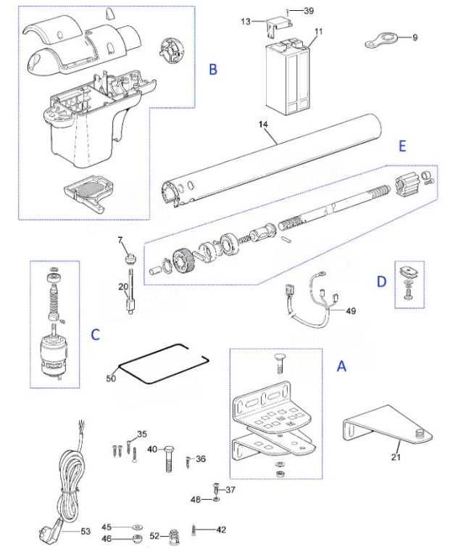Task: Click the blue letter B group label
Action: (213, 70)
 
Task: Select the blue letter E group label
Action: (401, 145)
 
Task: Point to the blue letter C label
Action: (95, 334)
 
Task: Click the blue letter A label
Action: (341, 367)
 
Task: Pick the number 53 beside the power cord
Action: (85, 532)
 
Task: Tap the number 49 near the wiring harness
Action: (351, 311)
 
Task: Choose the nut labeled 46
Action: (136, 539)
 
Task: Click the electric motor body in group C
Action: (53, 355)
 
